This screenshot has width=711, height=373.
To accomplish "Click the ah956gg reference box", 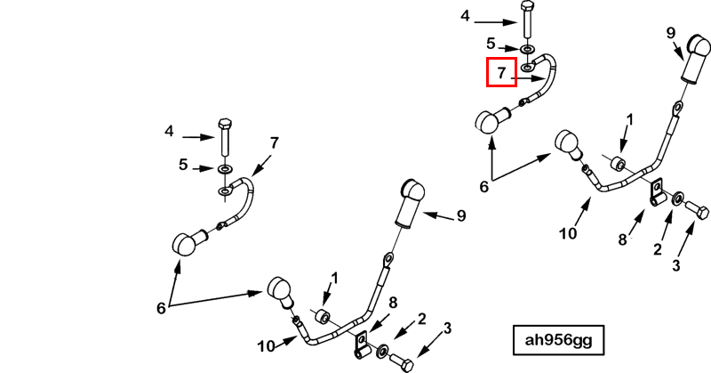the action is [x=558, y=340].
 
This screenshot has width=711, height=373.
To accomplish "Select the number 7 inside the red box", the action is [x=501, y=73].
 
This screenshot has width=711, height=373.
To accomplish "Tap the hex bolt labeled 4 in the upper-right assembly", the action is [x=528, y=20].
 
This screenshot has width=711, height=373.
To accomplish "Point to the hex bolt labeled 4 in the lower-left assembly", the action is [x=225, y=136].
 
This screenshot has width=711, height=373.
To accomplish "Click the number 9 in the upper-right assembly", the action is [x=671, y=33].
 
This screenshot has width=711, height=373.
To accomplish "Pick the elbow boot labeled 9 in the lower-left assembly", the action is [x=411, y=203].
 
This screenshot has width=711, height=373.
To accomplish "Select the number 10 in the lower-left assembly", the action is [x=266, y=346].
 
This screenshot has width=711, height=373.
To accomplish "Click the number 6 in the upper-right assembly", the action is [x=484, y=186].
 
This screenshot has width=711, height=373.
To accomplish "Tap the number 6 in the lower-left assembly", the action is [x=161, y=309].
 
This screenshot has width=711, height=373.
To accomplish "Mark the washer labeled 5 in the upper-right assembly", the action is [x=527, y=49].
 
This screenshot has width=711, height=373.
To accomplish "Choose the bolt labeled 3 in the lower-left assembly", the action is [x=402, y=361].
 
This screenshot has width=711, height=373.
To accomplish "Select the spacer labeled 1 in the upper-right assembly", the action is [x=619, y=163].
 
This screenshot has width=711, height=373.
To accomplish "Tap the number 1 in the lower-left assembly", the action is [x=335, y=279].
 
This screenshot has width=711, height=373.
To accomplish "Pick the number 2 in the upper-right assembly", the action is [x=658, y=249].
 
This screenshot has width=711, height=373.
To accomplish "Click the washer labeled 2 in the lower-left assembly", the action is [x=383, y=351].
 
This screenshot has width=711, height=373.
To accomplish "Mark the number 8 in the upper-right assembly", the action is [x=623, y=239].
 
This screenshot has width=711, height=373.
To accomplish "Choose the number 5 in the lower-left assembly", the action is [x=183, y=165].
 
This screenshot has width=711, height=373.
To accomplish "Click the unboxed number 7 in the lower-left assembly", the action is [x=275, y=143].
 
